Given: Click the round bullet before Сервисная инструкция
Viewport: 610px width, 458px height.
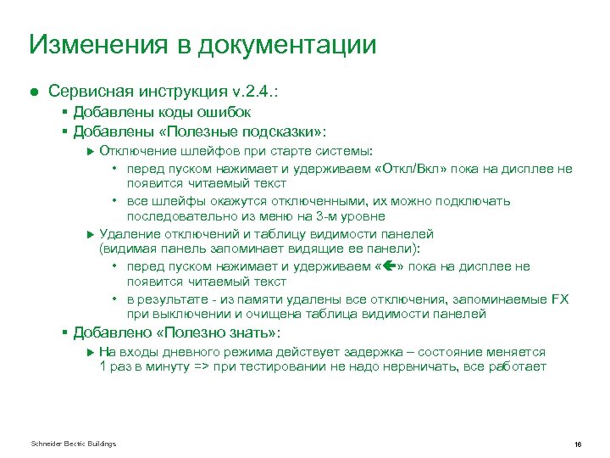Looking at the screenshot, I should tap(34, 90).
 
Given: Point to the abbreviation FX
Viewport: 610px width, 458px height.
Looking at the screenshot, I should tap(560, 299).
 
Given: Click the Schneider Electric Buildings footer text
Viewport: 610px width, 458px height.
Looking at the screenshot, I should tap(74, 444).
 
